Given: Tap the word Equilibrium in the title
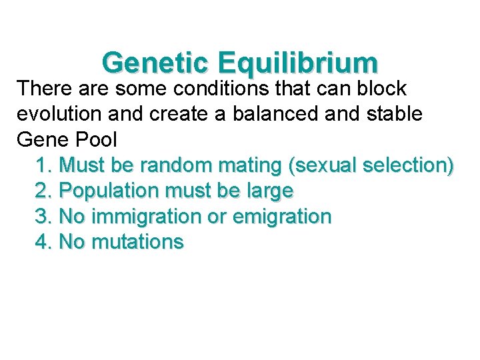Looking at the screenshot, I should coord(297,63).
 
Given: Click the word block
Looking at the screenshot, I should coord(381,89).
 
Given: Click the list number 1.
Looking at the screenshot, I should coord(43,165).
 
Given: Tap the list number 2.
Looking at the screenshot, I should coord(43,191).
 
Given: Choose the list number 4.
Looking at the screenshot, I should coord(43,241).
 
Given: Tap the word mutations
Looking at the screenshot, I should coord(138,241).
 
